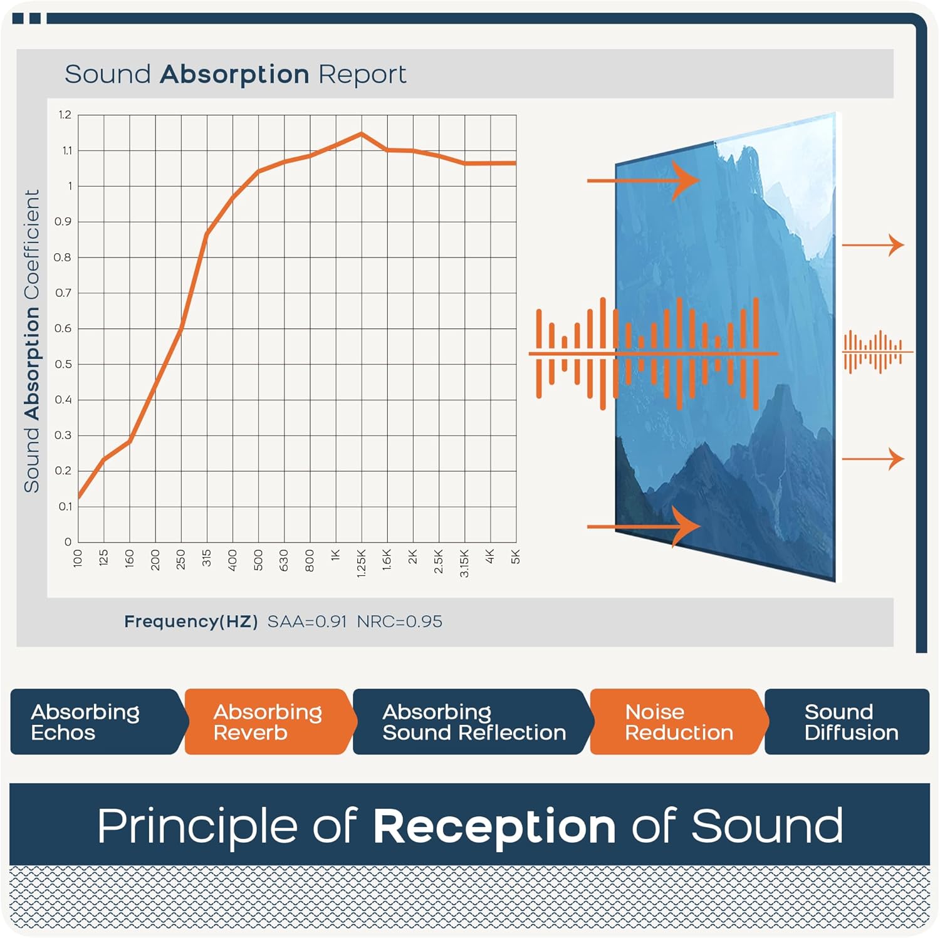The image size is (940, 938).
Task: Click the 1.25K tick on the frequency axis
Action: tap(361, 563)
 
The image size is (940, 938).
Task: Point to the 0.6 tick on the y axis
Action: tap(63, 328)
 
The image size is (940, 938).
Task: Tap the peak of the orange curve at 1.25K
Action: tap(361, 133)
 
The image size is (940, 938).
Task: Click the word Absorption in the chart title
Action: tap(235, 75)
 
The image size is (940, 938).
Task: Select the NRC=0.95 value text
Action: tap(400, 622)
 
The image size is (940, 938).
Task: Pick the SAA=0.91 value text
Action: tap(307, 622)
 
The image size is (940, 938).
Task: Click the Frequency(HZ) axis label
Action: tap(191, 622)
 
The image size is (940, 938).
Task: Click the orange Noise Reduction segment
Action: tap(679, 722)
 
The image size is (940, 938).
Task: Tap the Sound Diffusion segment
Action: tap(847, 722)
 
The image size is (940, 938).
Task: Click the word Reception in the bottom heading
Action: tap(494, 826)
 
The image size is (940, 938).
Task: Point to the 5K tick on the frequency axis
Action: tap(516, 557)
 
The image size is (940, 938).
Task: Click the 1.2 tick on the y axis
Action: tap(65, 115)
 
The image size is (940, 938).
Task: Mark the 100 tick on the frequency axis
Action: tap(78, 558)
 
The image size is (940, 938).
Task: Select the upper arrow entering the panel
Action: tap(643, 180)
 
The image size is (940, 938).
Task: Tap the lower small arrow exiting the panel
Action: tap(873, 459)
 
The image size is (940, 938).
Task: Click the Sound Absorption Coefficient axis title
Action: tap(32, 341)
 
